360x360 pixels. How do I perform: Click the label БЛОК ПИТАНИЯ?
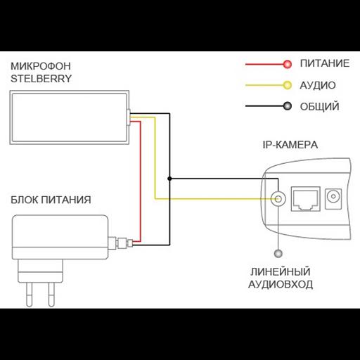pyautogui.click(x=51, y=200)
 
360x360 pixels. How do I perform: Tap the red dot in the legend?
pyautogui.click(x=286, y=65)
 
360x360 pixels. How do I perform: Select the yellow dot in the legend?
pyautogui.click(x=286, y=86)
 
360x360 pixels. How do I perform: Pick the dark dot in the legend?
pyautogui.click(x=286, y=107)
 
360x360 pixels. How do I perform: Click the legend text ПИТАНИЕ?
pyautogui.click(x=324, y=65)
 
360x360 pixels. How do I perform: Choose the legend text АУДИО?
pyautogui.click(x=317, y=86)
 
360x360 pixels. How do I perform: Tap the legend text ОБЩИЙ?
pyautogui.click(x=319, y=107)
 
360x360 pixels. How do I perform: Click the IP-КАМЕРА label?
pyautogui.click(x=289, y=146)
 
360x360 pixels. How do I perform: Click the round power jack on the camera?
pyautogui.click(x=333, y=198)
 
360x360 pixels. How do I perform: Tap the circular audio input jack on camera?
pyautogui.click(x=278, y=200)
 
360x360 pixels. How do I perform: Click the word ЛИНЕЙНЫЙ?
pyautogui.click(x=281, y=272)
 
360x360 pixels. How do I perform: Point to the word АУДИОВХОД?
pyautogui.click(x=281, y=285)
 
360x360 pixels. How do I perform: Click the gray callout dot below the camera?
pyautogui.click(x=279, y=252)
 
